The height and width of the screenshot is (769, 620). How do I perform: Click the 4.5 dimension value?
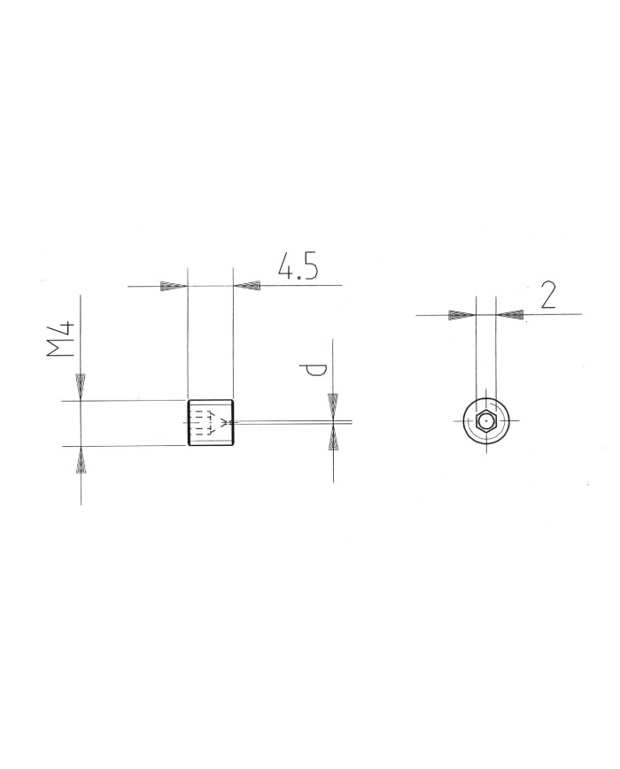297,266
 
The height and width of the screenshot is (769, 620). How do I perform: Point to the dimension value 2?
547,295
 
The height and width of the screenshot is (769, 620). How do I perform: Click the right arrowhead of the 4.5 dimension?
247,286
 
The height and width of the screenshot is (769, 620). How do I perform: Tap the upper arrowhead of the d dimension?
333,405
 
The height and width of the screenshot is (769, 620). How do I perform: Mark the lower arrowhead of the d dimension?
333,438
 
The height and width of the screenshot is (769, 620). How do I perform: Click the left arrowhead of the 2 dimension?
461,314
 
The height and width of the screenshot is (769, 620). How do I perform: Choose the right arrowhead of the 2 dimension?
510,314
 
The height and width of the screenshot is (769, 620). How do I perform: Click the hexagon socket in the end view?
485,421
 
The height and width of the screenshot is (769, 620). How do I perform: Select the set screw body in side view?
210,423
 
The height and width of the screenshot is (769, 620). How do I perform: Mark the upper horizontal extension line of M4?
124,401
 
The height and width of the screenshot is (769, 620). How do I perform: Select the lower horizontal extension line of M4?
124,446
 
